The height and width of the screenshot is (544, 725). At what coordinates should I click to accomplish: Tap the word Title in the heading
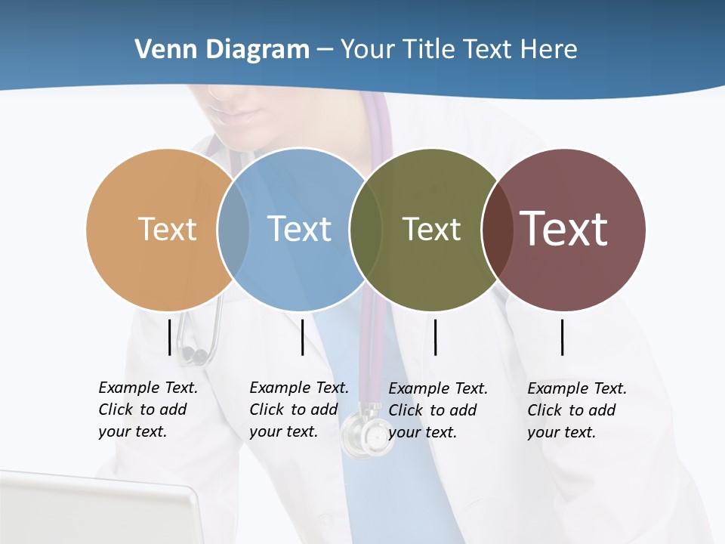429,50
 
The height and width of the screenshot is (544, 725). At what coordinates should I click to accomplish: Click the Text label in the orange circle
167,229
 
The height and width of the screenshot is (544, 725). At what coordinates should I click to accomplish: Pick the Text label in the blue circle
299,229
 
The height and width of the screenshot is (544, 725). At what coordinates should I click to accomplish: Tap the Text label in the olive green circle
431,229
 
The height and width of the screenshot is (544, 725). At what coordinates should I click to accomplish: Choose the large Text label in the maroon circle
564,229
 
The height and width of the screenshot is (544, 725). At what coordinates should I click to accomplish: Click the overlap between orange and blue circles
233,229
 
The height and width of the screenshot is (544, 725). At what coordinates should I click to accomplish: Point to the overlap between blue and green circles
366,229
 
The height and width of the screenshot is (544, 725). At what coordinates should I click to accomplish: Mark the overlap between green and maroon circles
497,229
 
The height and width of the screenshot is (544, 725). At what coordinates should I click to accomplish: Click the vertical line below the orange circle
169,337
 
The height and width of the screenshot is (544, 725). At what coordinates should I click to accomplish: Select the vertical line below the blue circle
302,337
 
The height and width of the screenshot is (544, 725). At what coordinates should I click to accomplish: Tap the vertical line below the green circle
436,337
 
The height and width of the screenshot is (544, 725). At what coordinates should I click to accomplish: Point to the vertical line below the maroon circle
563,337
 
